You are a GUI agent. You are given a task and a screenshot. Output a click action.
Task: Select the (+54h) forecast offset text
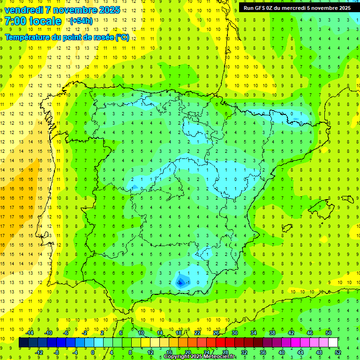pos(81,21)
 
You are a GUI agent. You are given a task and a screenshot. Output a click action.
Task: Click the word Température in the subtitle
pos(27,37)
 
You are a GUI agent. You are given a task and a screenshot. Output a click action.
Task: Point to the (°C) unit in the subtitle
pos(122,37)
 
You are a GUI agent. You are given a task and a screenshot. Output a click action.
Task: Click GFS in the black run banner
pos(263,8)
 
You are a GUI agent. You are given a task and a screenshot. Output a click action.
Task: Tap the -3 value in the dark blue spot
pos(180,282)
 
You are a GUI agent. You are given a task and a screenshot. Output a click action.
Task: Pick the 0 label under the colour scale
pos(92,352)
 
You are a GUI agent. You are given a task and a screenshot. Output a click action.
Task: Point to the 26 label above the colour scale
pos(216,333)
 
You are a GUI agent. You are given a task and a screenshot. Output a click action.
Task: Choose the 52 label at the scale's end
pos(337,352)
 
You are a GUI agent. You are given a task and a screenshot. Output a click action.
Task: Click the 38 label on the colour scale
pos(272,333)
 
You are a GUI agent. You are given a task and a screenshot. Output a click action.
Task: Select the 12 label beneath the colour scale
pos(150,352)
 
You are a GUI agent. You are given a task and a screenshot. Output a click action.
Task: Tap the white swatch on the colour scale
pos(333,343)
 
